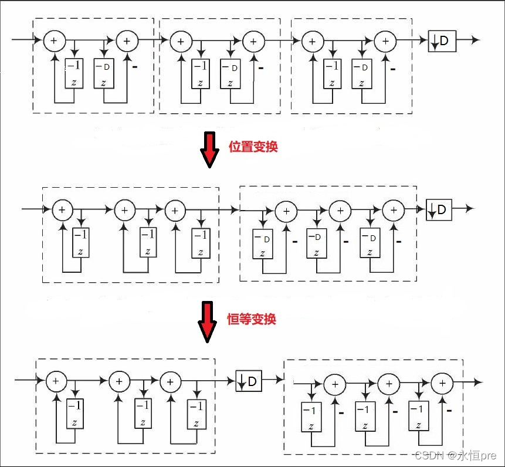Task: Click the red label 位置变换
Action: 253,147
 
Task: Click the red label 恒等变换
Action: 252,319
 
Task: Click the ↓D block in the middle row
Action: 439,209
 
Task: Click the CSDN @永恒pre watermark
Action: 455,455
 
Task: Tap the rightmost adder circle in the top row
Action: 385,40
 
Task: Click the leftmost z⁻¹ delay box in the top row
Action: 74,73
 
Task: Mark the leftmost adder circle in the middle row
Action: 62,209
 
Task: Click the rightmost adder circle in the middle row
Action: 393,209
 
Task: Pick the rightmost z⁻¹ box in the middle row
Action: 201,243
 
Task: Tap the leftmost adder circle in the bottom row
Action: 56,381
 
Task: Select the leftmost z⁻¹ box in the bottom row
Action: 74,413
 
